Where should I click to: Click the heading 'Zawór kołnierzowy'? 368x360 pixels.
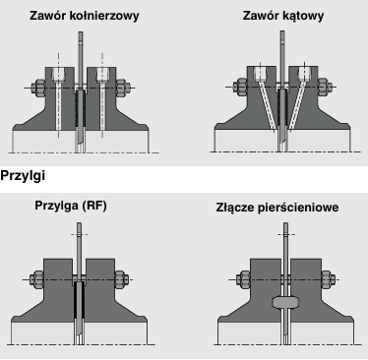85,16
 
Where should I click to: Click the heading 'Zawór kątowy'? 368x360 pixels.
283,16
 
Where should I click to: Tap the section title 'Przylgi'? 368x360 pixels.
23,176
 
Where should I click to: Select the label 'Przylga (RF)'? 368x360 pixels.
71,206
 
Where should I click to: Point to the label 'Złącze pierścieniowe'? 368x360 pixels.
277,208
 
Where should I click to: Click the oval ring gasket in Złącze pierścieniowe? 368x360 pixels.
286,302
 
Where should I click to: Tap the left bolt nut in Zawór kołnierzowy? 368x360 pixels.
38,88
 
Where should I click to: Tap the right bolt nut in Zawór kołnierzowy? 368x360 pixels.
123,88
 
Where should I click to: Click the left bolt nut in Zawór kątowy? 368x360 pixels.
240,87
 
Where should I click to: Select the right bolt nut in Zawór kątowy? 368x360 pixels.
325,87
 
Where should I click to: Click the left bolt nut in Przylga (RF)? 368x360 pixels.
36,279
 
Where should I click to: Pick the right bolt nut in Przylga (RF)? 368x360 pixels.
121,279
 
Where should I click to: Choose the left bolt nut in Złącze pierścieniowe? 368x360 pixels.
243,279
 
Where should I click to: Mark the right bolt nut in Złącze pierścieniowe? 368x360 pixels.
329,279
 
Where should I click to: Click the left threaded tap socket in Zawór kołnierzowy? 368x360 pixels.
59,75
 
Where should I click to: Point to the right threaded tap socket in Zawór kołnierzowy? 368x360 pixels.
102,75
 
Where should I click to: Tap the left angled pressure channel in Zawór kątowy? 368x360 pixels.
268,104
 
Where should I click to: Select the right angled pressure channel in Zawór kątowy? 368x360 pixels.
297,104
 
